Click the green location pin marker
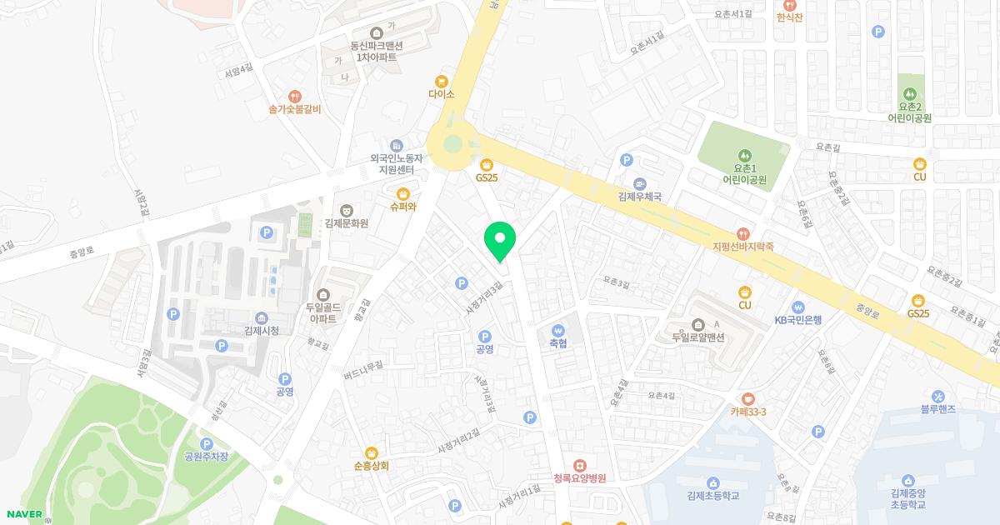pyautogui.click(x=500, y=240)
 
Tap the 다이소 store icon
pyautogui.click(x=441, y=81)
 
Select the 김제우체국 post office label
pyautogui.click(x=639, y=197)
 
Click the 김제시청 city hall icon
pyautogui.click(x=261, y=318)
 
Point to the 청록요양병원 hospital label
pyautogui.click(x=579, y=478)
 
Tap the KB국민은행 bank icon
pyautogui.click(x=798, y=307)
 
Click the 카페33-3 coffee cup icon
pyautogui.click(x=747, y=398)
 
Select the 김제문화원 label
pyautogui.click(x=347, y=223)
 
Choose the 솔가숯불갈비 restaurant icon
pyautogui.click(x=294, y=97)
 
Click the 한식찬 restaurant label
pyautogui.click(x=788, y=17)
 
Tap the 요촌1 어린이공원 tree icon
pyautogui.click(x=744, y=154)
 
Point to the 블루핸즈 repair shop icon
pyautogui.click(x=938, y=396)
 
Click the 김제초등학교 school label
pyautogui.click(x=713, y=496)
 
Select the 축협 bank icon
pyautogui.click(x=558, y=328)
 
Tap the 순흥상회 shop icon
pyautogui.click(x=372, y=452)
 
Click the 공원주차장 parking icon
pyautogui.click(x=206, y=443)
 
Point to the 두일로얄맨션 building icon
pyautogui.click(x=697, y=324)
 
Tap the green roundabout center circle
pyautogui.click(x=452, y=143)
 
